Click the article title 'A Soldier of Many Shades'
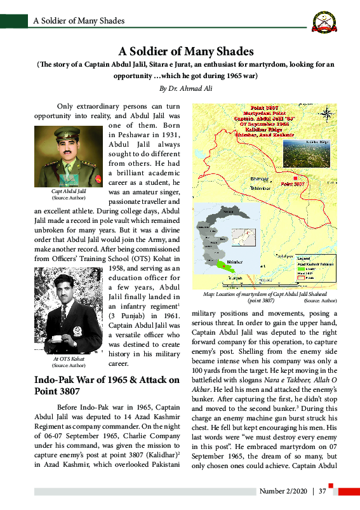click(186, 51)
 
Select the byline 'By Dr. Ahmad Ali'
click(186, 88)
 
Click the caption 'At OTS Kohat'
click(68, 359)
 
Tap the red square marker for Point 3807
click(294, 177)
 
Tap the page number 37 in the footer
click(323, 491)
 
